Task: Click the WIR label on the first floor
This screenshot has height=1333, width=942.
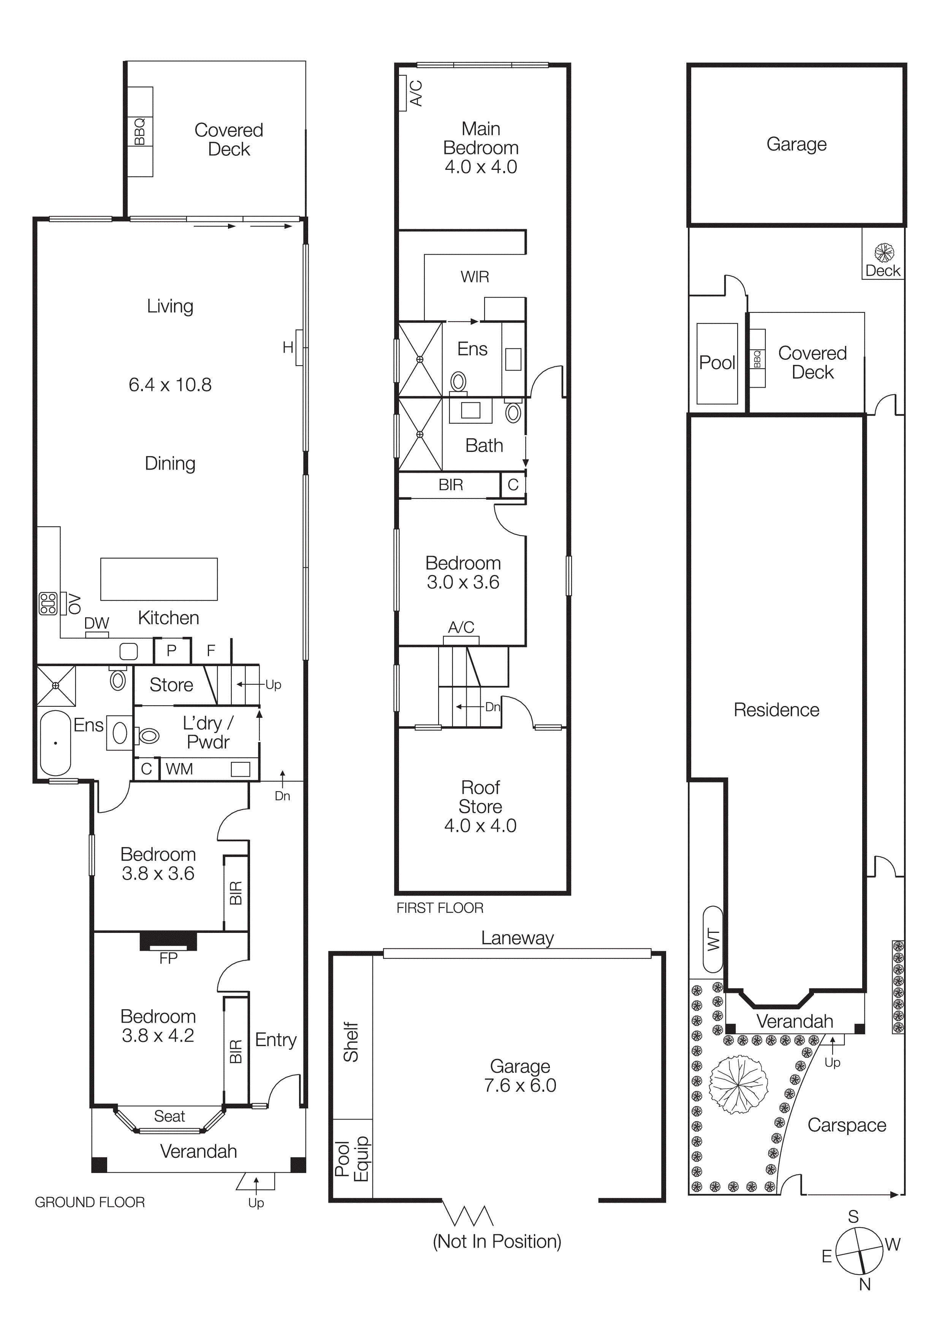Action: click(x=475, y=277)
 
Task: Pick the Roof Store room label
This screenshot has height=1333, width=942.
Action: click(x=481, y=797)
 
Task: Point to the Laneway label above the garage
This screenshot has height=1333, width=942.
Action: click(x=517, y=938)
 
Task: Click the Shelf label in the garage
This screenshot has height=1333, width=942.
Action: click(x=351, y=1042)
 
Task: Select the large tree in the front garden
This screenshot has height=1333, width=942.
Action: click(x=738, y=1084)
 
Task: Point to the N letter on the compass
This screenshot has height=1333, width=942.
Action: click(x=865, y=1284)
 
